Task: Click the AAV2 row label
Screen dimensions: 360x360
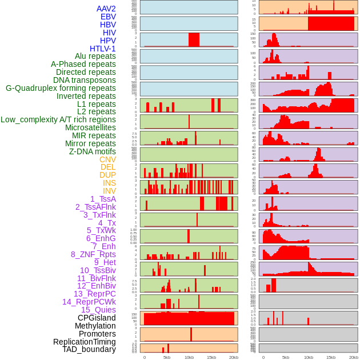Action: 106,9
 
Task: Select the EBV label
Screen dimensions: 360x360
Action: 108,17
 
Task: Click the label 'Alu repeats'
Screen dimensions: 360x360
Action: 95,56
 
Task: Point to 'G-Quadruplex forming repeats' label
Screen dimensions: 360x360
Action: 61,88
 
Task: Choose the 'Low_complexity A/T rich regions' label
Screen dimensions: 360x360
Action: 58,119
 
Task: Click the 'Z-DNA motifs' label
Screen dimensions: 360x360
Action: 93,151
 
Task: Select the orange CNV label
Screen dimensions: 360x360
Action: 107,159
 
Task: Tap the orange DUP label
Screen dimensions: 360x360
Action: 107,175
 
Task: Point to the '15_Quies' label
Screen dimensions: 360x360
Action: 98,310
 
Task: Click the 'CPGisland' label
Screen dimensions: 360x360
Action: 97,318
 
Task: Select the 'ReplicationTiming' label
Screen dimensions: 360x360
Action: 85,342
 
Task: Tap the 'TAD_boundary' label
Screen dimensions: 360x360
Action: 89,349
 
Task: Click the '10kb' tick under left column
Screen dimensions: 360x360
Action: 189,357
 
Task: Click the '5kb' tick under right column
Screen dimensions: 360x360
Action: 286,357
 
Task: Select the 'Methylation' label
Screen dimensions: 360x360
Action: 95,326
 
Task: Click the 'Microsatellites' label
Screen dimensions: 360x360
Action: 90,127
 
